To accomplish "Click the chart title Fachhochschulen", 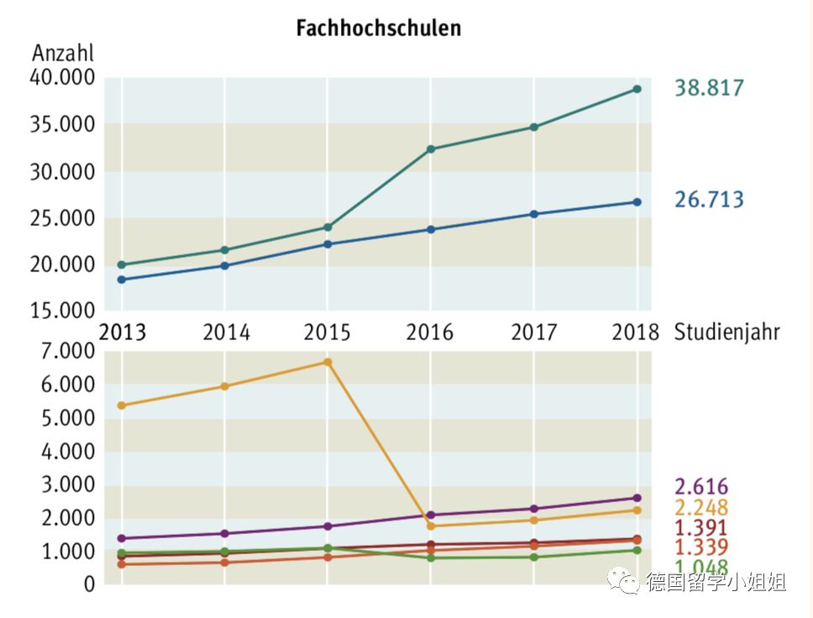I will (378, 28).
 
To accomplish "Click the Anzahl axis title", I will (63, 54).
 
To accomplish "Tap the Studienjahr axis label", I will (726, 333).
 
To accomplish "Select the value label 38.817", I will (710, 87).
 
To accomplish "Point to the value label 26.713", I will (710, 200).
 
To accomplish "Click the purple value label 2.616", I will (701, 487).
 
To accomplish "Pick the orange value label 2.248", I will (701, 508).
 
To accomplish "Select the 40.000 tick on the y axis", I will (64, 78).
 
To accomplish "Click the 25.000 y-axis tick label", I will (64, 218).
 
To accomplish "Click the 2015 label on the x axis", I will (327, 333).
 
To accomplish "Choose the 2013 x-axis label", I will (123, 333).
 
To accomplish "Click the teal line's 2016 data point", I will (430, 149).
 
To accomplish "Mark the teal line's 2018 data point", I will (637, 89).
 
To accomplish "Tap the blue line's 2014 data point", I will (224, 265).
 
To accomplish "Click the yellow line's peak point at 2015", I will (328, 362).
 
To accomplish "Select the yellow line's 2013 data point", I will (122, 406).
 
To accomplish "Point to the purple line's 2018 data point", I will (637, 498).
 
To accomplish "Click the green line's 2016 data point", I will (430, 558).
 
